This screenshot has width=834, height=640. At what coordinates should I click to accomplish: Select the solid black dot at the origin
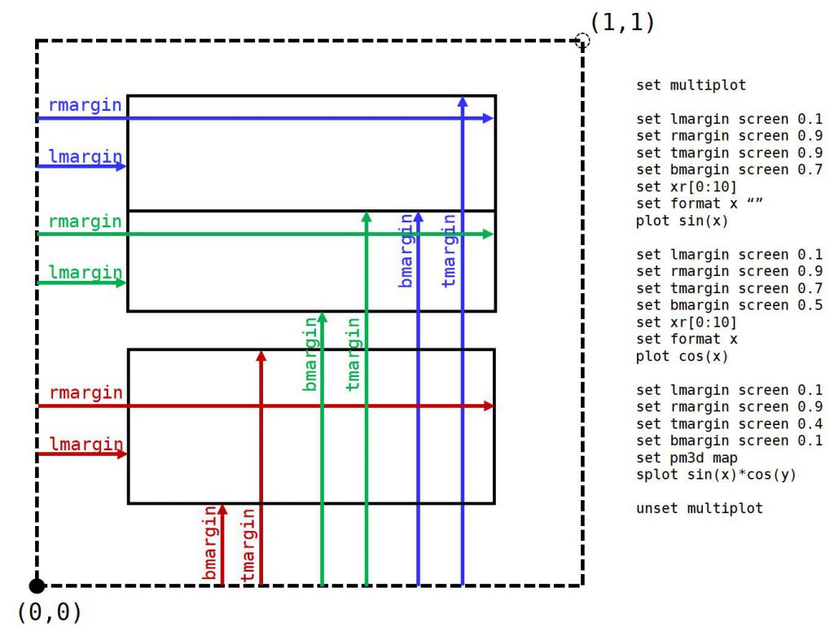(x=37, y=585)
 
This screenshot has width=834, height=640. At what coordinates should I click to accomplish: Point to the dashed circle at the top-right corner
(x=582, y=40)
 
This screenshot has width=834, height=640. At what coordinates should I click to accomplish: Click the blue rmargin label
(x=85, y=105)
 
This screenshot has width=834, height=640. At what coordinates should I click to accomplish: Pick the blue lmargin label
(x=85, y=156)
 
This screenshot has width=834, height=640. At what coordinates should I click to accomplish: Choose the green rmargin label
(x=85, y=221)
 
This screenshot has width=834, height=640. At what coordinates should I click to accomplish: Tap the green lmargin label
(x=85, y=273)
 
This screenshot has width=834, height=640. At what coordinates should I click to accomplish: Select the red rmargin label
(x=85, y=392)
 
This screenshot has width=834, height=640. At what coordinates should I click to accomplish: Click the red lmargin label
(x=85, y=444)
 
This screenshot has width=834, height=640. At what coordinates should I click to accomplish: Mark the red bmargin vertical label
(x=211, y=544)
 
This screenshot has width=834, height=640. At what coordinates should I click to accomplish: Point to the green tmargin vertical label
(x=353, y=353)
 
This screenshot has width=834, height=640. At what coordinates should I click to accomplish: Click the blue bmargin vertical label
(x=406, y=250)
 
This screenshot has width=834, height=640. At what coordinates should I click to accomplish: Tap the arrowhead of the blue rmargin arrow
(x=489, y=118)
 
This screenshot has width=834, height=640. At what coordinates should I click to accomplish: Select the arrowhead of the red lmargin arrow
(x=122, y=454)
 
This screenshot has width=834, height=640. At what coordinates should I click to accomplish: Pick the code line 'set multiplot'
(x=691, y=85)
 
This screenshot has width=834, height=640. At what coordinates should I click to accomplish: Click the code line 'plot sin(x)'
(x=682, y=221)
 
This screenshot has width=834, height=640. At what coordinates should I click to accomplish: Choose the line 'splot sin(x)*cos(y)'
(x=716, y=475)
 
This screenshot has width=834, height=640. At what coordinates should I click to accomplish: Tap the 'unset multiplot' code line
(x=700, y=508)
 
